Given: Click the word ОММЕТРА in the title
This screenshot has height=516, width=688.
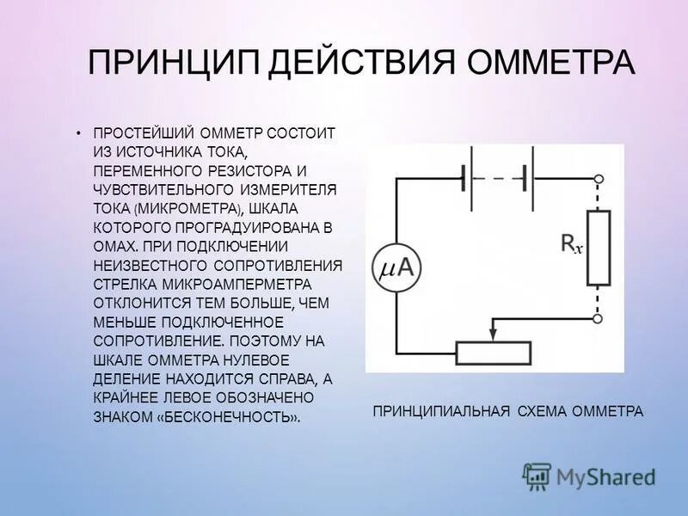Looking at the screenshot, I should click(x=550, y=63).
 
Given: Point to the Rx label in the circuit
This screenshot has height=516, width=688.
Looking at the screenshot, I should click(x=572, y=244).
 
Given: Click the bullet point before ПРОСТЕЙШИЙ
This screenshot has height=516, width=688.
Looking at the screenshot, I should click(x=77, y=135).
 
